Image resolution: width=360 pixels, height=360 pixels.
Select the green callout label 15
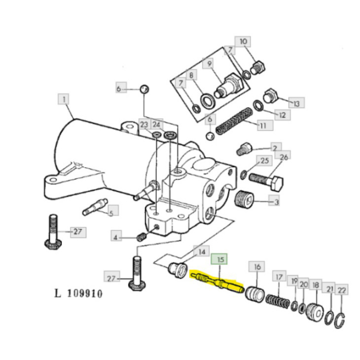pos(220,260)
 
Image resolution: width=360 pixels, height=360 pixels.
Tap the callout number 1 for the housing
pos(64,99)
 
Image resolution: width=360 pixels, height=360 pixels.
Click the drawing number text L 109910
pos(79,294)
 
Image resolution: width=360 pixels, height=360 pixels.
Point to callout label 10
pos(243,42)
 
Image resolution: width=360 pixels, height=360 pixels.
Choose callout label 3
pos(276,202)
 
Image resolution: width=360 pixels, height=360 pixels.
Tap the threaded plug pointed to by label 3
pos(245,199)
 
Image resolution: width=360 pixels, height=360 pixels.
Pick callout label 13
pos(296,103)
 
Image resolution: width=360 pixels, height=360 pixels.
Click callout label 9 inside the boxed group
pos(210,64)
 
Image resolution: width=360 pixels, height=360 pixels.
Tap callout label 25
pos(265,161)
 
